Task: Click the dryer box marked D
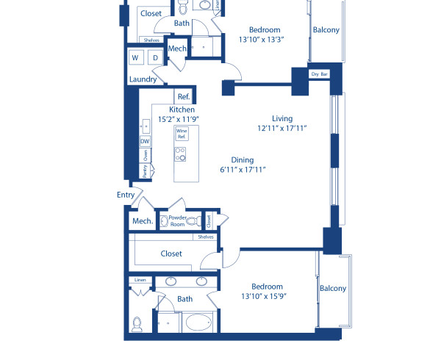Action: [155, 57]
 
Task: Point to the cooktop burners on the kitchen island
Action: [181, 154]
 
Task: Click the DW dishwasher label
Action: [145, 142]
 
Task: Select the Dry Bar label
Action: [319, 74]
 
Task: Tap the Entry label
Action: [126, 195]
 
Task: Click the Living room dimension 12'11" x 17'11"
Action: [282, 128]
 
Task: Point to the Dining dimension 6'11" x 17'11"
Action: [242, 170]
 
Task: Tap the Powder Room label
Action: [177, 220]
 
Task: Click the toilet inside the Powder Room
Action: [193, 220]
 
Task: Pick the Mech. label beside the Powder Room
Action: [142, 221]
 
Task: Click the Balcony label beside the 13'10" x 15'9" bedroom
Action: [332, 289]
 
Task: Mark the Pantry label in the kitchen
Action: [145, 170]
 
